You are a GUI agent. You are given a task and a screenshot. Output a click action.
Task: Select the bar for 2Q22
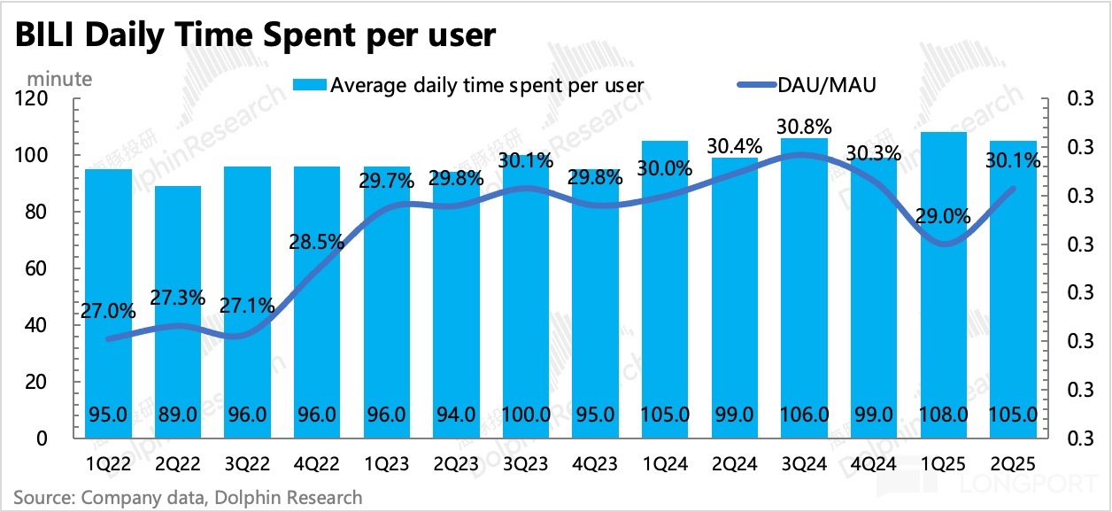178,310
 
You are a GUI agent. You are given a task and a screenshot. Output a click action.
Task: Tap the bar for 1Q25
944,283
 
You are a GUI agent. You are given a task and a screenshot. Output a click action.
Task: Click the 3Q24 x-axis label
803,462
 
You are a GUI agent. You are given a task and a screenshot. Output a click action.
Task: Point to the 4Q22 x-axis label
317,462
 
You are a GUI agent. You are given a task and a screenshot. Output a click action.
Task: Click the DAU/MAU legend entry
827,85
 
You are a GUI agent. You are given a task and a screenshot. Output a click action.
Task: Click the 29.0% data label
944,215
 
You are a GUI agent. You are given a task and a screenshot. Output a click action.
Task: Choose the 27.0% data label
108,311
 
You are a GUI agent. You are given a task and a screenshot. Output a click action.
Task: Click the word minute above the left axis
60,78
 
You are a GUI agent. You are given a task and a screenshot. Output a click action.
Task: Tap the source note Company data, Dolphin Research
188,497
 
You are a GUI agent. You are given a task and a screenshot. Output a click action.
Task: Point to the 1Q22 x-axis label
108,462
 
